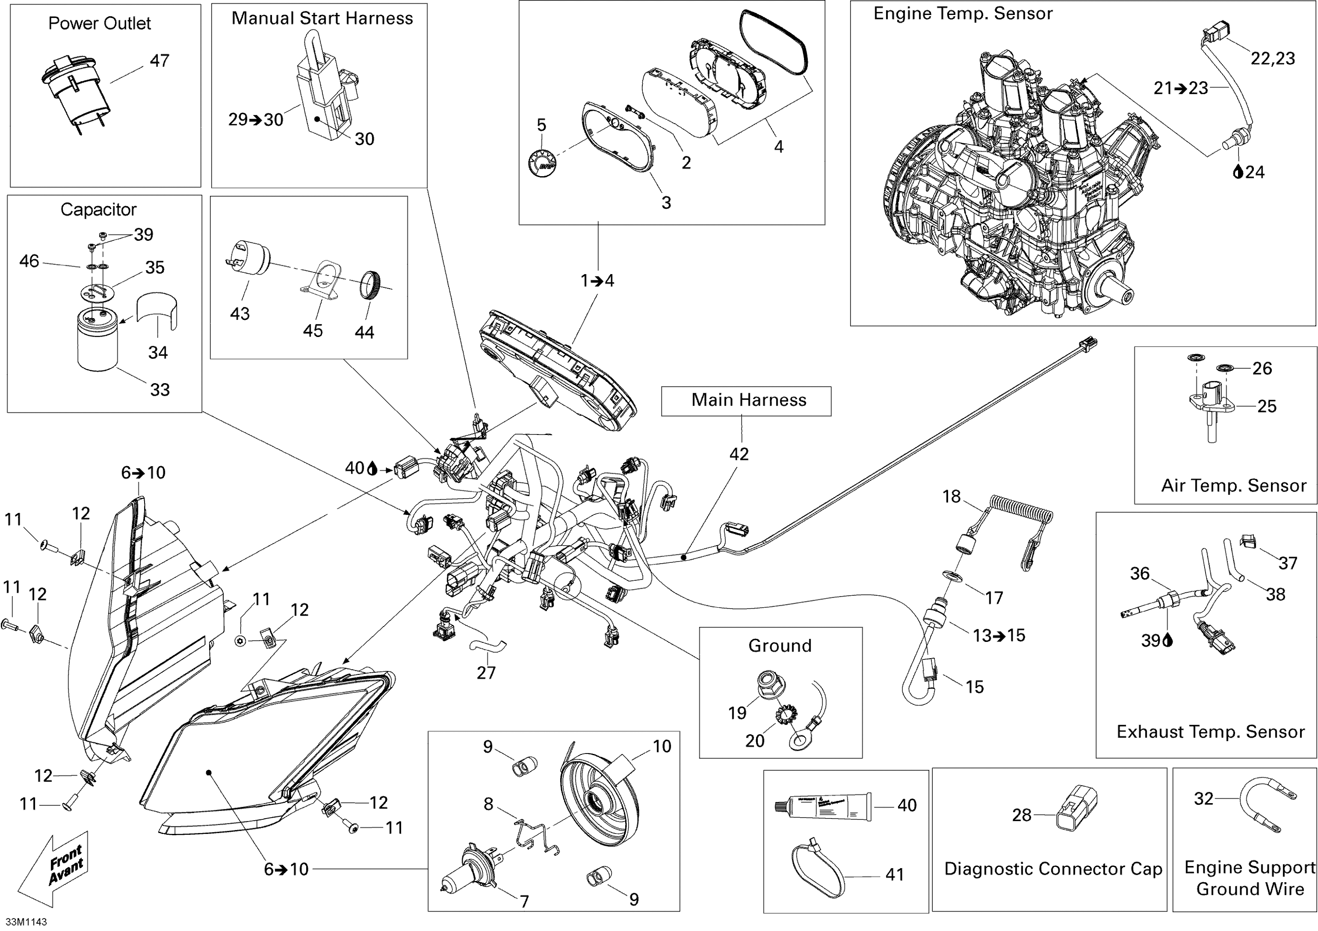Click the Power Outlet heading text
click(99, 24)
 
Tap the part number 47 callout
click(159, 61)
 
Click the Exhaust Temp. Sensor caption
click(1210, 732)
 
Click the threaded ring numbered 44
click(369, 285)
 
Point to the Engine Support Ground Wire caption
click(1250, 878)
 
